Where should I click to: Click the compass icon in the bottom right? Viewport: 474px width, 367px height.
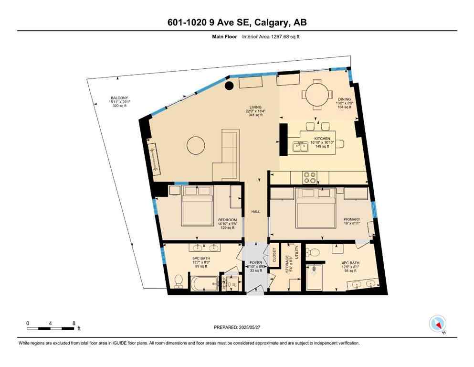coord(437,324)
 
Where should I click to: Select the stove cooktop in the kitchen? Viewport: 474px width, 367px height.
coord(310,177)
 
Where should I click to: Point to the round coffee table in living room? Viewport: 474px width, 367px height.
coord(196,146)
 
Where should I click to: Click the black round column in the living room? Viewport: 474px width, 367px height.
coord(229,86)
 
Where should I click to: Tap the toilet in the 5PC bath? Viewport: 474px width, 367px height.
coord(178,281)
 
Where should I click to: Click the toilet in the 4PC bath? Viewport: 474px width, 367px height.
coord(313,253)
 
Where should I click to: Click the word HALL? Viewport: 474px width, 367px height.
coord(255,212)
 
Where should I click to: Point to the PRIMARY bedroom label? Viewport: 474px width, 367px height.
coord(352,219)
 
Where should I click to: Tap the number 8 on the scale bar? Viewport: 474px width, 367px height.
coord(74,323)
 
